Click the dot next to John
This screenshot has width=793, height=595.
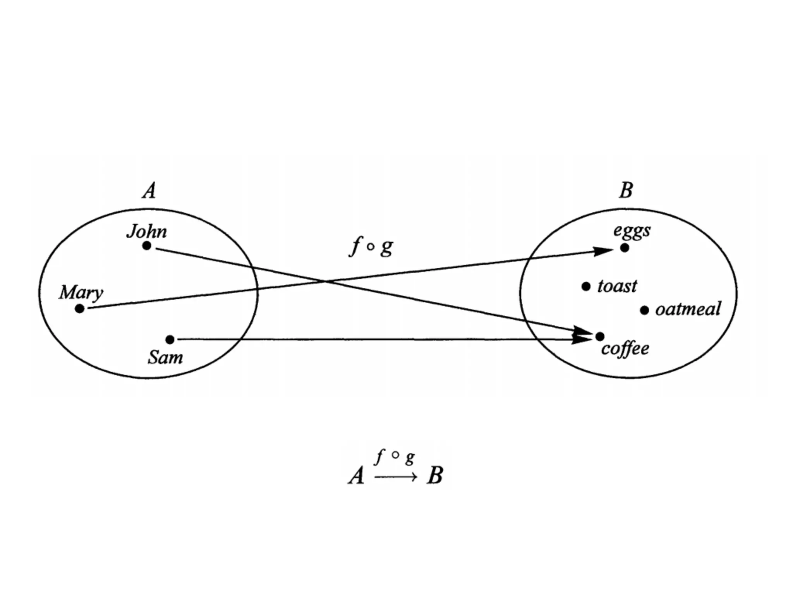(x=146, y=246)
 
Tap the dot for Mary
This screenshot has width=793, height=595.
(x=79, y=309)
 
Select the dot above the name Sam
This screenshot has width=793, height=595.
(x=170, y=340)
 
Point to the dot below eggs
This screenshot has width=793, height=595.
(x=625, y=248)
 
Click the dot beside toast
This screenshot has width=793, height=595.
(x=586, y=287)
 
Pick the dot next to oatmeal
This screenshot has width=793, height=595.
(x=644, y=310)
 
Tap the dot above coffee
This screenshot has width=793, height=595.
(x=600, y=336)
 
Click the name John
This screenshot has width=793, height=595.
(x=147, y=231)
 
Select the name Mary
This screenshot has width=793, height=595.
(x=81, y=292)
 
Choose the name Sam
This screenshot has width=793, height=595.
(x=165, y=357)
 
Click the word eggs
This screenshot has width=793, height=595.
(x=632, y=231)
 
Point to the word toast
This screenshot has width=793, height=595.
(x=617, y=286)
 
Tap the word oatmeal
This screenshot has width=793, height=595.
(x=688, y=309)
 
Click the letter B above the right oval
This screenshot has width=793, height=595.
(x=626, y=191)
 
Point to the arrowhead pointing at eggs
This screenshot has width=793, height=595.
(x=603, y=251)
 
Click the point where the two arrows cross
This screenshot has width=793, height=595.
(x=325, y=281)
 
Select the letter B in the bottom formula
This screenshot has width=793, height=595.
(x=435, y=475)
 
